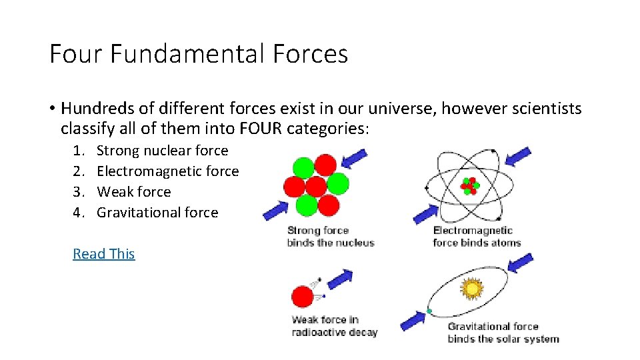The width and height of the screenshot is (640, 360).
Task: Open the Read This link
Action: [x=104, y=254]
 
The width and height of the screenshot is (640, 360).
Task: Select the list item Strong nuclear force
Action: [x=162, y=151]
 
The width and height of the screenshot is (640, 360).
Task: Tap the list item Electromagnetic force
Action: [x=167, y=171]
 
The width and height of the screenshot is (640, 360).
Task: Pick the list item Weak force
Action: [x=133, y=192]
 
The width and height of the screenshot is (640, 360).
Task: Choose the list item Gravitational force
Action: [x=157, y=213]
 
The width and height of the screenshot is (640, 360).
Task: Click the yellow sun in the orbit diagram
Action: [x=473, y=287]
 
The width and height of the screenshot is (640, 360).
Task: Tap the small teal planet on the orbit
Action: [x=429, y=311]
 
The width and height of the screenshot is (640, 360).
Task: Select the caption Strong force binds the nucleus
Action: [x=330, y=237]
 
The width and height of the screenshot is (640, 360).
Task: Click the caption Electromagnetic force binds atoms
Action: [x=477, y=237]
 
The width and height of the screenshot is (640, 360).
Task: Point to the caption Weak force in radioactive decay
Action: [x=334, y=326]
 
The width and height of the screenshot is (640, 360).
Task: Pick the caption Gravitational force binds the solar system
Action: [x=503, y=333]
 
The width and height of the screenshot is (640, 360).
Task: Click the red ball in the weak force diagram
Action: [x=303, y=296]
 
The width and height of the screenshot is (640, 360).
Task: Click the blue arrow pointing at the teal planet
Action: [x=411, y=321]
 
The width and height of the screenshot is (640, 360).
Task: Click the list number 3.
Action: [x=77, y=192]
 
